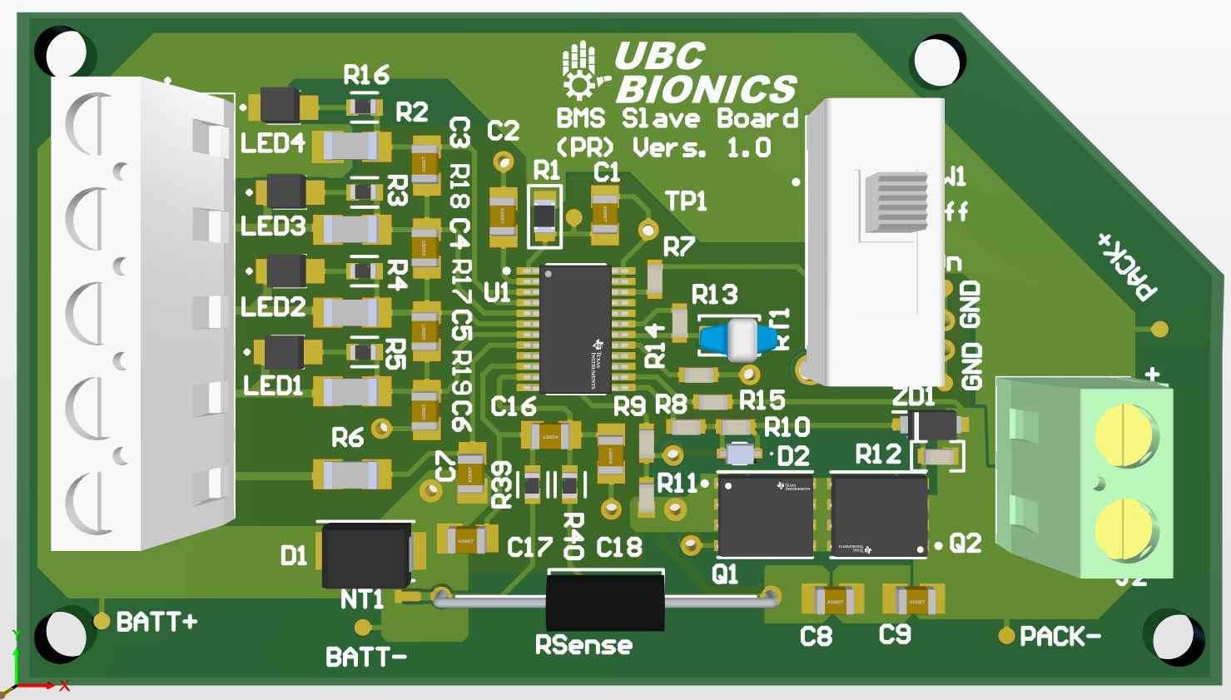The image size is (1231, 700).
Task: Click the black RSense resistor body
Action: (605, 600)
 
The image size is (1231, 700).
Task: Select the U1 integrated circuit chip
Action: (574, 330)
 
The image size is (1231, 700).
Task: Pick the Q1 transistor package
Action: (765, 515)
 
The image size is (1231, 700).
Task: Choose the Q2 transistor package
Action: (879, 515)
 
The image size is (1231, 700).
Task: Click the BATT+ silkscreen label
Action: (156, 622)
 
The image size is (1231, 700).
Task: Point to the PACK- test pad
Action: (1008, 636)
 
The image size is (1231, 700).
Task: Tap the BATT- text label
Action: (366, 658)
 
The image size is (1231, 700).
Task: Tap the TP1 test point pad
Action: (647, 228)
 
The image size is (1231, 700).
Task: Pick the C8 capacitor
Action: (832, 599)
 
